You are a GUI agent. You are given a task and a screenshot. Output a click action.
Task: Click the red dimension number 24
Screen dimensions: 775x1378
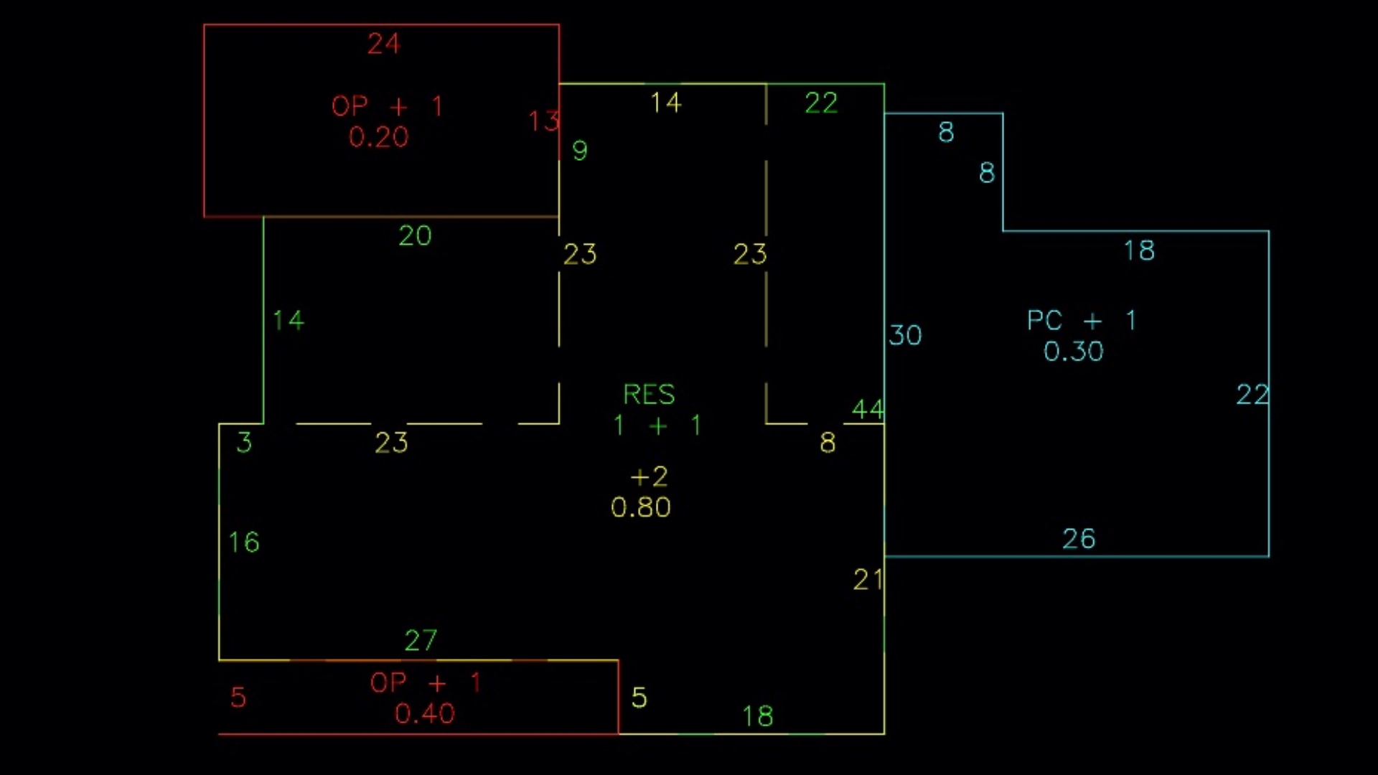click(x=383, y=44)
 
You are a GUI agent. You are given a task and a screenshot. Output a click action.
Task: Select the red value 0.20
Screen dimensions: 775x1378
click(x=378, y=137)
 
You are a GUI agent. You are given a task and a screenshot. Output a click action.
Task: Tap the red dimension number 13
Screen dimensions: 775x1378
click(x=543, y=121)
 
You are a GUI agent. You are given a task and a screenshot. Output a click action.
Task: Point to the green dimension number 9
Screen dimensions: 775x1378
click(x=580, y=151)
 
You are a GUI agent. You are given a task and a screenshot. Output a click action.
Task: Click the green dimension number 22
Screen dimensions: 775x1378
click(x=821, y=103)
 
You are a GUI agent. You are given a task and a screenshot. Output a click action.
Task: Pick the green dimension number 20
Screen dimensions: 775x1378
click(x=415, y=236)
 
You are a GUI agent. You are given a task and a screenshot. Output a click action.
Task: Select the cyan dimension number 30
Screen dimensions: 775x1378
click(x=905, y=335)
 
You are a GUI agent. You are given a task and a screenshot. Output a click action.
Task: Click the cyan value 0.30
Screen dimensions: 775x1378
click(x=1073, y=352)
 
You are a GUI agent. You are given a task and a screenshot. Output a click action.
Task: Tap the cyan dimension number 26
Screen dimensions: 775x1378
click(x=1079, y=539)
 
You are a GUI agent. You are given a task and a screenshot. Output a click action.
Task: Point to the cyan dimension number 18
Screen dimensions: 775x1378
click(x=1139, y=251)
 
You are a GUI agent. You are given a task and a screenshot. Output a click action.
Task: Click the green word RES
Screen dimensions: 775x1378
click(x=649, y=395)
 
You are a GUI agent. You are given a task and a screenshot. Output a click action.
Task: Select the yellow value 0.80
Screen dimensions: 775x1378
click(x=640, y=508)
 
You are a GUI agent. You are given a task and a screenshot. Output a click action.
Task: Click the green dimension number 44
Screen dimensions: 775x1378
click(x=868, y=410)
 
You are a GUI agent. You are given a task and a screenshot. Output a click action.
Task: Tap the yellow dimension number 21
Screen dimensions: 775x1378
click(x=868, y=580)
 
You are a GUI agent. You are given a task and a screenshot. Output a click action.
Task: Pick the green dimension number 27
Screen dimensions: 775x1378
click(x=421, y=640)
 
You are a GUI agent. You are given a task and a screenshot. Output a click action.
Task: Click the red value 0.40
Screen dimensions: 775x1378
click(x=424, y=714)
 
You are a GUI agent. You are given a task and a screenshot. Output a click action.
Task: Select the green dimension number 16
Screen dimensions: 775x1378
click(x=244, y=542)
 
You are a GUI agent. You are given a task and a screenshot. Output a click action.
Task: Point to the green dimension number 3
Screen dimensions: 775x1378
click(x=244, y=443)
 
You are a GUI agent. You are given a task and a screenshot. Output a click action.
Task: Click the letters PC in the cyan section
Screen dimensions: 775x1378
click(x=1044, y=320)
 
